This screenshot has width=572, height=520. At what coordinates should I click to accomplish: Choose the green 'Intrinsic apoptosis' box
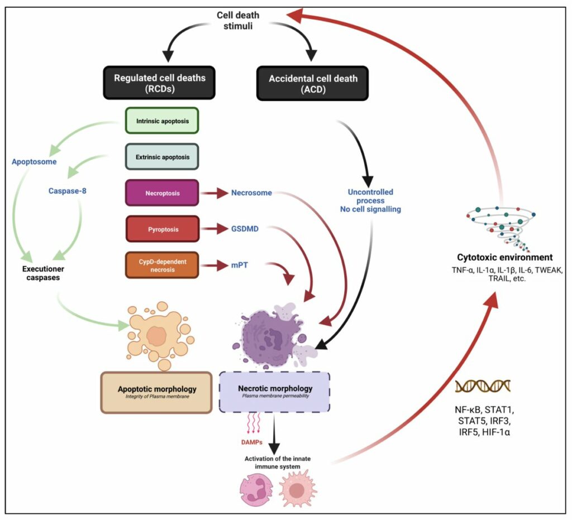[x=161, y=120]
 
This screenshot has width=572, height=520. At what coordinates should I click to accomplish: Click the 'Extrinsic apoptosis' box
[x=161, y=156]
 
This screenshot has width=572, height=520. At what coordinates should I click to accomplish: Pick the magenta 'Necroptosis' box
[x=161, y=193]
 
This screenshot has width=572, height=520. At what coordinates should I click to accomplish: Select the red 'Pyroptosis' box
[x=161, y=229]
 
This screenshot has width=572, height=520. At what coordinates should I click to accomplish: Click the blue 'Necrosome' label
[x=251, y=193]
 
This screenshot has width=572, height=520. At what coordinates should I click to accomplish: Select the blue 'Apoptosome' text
[x=35, y=163]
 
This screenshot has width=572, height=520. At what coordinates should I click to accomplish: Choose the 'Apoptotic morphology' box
[x=156, y=392]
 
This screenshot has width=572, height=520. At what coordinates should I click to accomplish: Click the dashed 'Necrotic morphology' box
[x=274, y=391]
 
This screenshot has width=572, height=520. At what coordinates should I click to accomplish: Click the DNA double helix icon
[x=483, y=386]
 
